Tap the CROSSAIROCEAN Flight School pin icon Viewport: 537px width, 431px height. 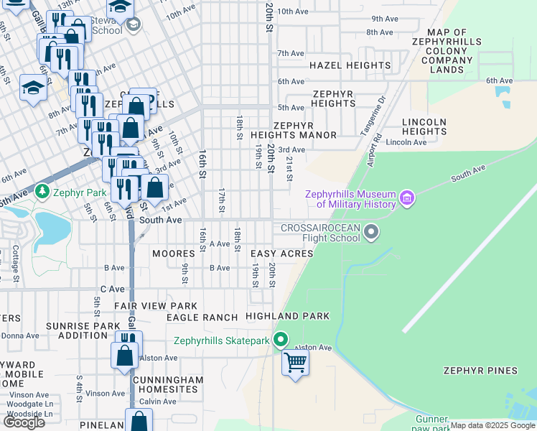pyautogui.click(x=371, y=231)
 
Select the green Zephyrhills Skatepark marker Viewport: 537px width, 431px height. pyautogui.click(x=281, y=340)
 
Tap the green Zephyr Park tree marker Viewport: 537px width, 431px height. pyautogui.click(x=42, y=192)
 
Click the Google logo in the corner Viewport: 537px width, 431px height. pyautogui.click(x=24, y=422)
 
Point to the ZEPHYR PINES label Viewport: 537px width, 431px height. pyautogui.click(x=480, y=371)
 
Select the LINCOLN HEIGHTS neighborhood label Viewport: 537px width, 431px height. pyautogui.click(x=425, y=127)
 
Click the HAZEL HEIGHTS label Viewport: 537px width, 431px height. pyautogui.click(x=350, y=65)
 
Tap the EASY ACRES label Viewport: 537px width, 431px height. pyautogui.click(x=281, y=254)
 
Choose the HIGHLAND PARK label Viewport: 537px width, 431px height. pyautogui.click(x=287, y=316)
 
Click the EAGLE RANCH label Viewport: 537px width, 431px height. pyautogui.click(x=202, y=317)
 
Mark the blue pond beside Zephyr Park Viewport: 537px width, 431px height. pyautogui.click(x=50, y=227)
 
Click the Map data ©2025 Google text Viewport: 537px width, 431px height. pyautogui.click(x=492, y=425)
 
